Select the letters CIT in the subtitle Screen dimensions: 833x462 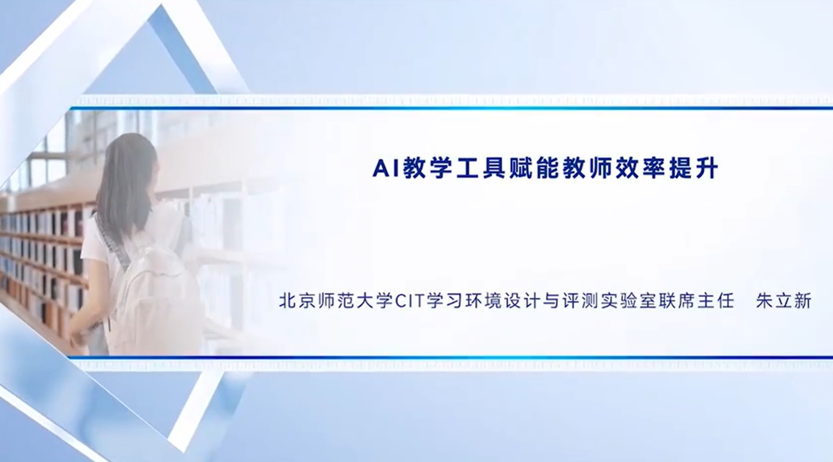(x=410, y=301)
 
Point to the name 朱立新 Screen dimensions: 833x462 (x=784, y=301)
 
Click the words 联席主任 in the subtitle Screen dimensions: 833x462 (x=696, y=301)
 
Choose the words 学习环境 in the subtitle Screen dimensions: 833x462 (x=464, y=301)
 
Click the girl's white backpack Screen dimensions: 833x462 (x=156, y=294)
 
